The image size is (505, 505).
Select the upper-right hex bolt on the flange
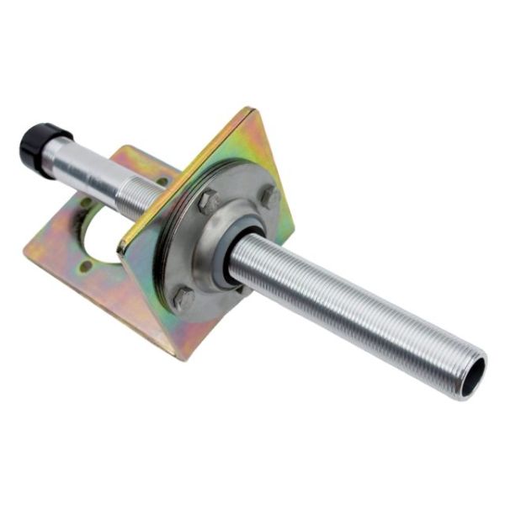(x=269, y=196)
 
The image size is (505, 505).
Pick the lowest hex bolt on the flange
(x=183, y=297)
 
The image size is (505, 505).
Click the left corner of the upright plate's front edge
(x=120, y=250)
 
